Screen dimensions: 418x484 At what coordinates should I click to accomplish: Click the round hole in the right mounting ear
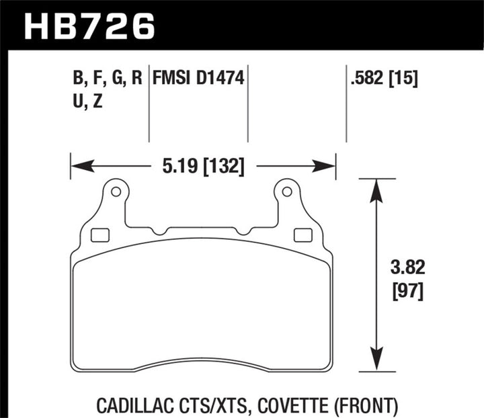288,192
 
